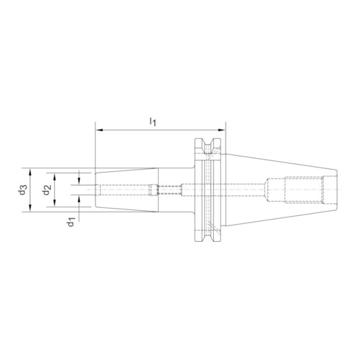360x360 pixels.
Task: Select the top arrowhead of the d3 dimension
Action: (x=31, y=170)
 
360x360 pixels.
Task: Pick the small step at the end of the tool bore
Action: (x=151, y=190)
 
